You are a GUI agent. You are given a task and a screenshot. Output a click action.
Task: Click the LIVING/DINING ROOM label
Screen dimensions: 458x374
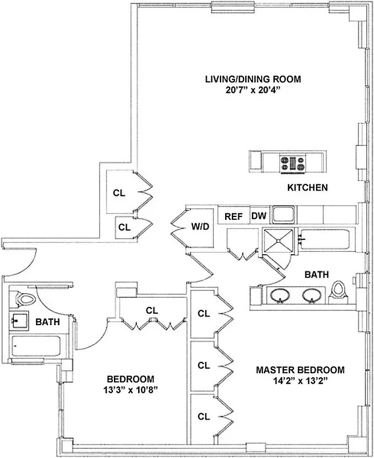coord(245,79)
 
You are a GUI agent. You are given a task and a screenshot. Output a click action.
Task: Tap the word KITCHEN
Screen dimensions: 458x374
coord(307,188)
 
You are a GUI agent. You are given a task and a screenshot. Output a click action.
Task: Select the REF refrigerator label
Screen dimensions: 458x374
coord(233,216)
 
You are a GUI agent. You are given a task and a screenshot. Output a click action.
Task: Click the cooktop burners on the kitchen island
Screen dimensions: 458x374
coord(292,163)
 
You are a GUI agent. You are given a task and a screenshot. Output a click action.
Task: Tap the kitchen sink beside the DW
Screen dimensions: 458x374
coord(283,215)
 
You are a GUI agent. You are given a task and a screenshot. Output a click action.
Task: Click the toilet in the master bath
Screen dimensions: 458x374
coord(339,291)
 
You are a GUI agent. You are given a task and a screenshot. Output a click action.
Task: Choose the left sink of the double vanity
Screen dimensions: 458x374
coord(279,295)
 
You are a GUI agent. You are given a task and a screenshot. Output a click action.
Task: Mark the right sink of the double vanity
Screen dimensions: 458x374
coord(311,295)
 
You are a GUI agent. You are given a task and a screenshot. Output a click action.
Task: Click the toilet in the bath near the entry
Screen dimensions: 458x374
coord(25,298)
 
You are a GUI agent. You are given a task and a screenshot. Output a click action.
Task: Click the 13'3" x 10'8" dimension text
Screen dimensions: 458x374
coord(131,390)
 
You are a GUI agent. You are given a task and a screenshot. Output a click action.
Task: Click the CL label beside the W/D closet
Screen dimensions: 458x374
coord(124,227)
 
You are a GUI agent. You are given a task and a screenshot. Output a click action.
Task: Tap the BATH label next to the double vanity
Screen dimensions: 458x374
coord(316,275)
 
